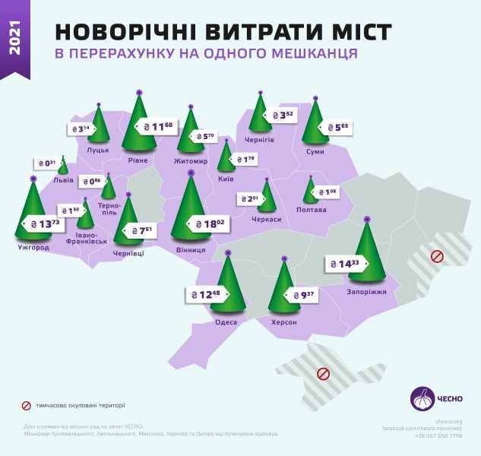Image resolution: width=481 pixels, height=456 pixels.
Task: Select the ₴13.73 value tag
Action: click(42, 224)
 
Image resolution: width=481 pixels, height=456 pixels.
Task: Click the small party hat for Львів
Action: click(62, 166)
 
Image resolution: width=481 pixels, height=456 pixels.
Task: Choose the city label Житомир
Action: click(191, 161)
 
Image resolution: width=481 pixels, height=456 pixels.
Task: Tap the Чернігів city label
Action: click(260, 140)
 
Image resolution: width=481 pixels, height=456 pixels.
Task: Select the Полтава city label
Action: click(311, 209)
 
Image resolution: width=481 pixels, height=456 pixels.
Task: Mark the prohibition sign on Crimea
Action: click(322, 373)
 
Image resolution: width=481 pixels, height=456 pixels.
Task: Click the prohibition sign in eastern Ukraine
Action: click(437, 257)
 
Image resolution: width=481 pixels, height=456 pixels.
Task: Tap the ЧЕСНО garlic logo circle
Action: click(423, 399)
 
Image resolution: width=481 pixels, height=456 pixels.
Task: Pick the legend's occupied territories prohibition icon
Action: click(26, 405)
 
